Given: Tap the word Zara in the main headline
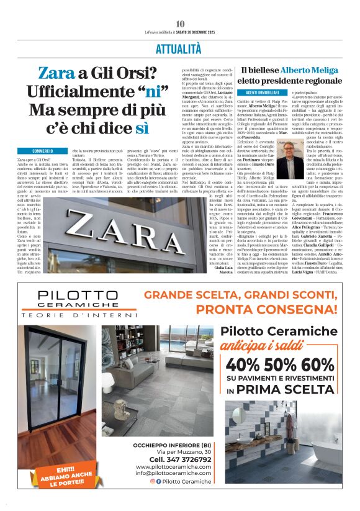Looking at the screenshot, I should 56,73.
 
